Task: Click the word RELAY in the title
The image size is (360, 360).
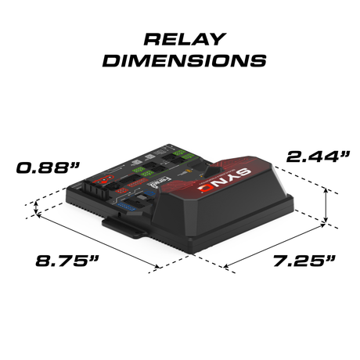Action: pos(180,40)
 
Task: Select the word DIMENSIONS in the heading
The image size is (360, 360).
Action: pos(180,60)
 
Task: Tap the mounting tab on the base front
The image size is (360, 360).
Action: pos(124,228)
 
